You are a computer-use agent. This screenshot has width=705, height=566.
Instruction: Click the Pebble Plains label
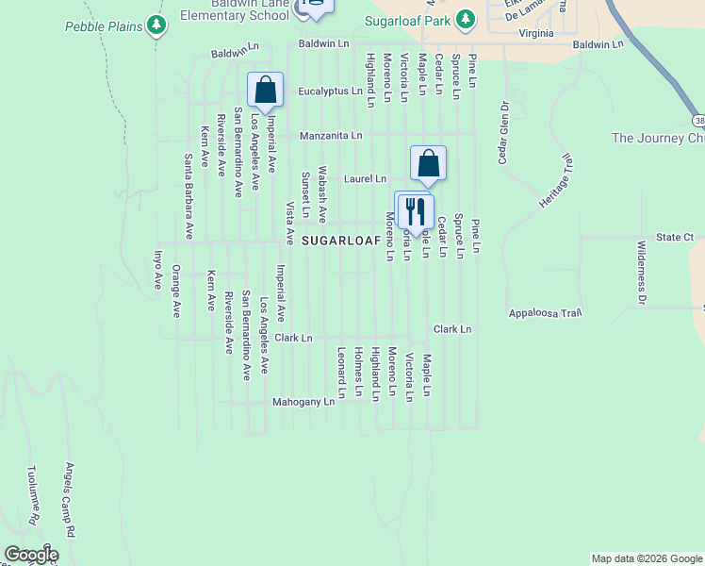103,25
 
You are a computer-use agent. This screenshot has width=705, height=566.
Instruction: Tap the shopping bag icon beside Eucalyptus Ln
266,91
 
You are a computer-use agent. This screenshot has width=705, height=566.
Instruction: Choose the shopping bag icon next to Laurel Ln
428,163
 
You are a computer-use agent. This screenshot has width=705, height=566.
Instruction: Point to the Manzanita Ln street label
331,136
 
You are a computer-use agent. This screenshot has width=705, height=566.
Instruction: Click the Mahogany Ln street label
303,402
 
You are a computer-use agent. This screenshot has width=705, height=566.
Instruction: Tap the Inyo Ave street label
157,269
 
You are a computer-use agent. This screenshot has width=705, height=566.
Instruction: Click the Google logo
31,555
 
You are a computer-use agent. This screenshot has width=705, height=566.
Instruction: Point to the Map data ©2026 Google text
646,558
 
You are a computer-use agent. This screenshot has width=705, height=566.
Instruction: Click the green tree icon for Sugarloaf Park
465,19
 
